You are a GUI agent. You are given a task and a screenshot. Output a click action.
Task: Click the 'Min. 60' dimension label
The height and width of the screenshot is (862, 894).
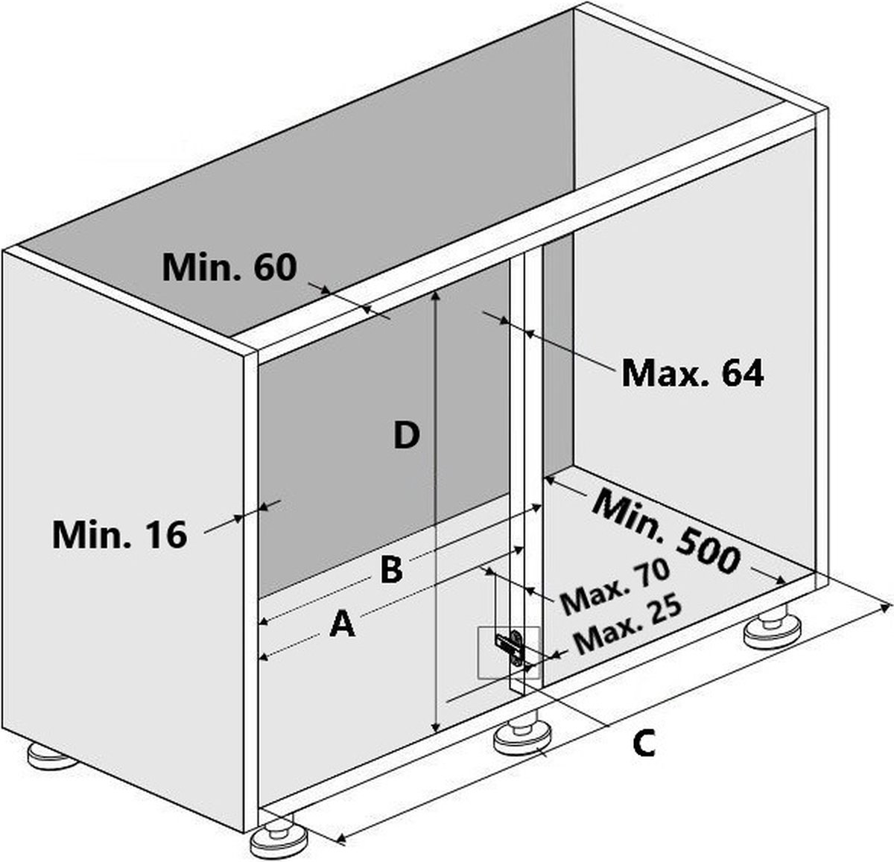click(229, 267)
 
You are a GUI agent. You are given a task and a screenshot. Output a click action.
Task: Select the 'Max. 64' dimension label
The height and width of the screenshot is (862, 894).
click(692, 373)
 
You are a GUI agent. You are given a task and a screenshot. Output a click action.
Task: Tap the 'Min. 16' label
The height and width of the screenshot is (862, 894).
click(119, 534)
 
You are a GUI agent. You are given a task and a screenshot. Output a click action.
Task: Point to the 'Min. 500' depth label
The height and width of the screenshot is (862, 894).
click(667, 532)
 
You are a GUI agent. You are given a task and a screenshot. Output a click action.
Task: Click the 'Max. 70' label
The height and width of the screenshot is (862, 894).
click(615, 586)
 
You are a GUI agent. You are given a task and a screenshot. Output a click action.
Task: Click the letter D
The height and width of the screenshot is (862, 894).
click(407, 436)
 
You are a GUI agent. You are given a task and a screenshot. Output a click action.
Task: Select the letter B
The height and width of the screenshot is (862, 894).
click(392, 569)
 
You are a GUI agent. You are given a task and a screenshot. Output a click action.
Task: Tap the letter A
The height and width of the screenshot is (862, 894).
click(343, 624)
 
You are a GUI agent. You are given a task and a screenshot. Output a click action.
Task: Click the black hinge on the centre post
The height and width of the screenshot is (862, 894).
click(510, 647)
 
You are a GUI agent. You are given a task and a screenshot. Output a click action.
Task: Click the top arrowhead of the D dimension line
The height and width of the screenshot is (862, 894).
click(436, 297)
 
